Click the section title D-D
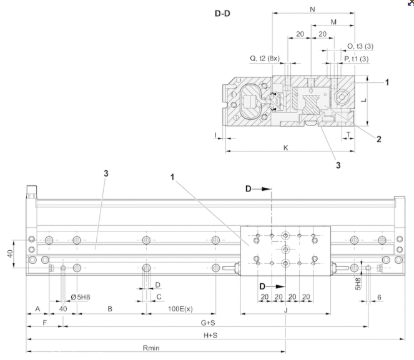point(222,12)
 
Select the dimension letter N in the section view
point(312,9)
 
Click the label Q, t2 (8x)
point(265,58)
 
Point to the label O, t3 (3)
point(360,46)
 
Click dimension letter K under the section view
point(286,148)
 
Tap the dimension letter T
point(347,134)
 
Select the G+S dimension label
point(208,323)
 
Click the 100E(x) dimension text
point(180,309)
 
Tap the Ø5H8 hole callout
point(81,297)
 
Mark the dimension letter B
point(110,309)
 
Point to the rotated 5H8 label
point(358,285)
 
